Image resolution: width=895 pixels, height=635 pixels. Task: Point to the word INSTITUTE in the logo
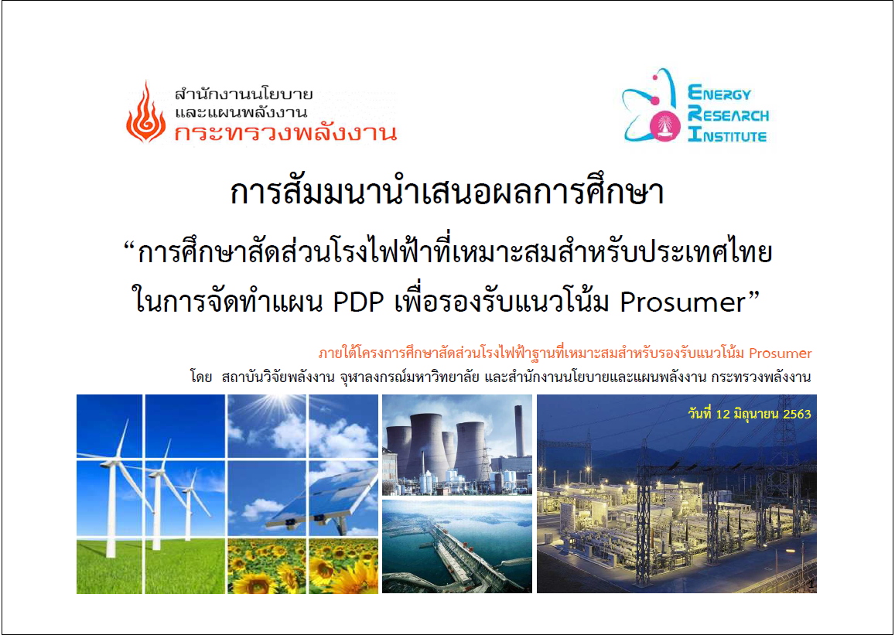[728, 135]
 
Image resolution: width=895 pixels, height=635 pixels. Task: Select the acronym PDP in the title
[358, 302]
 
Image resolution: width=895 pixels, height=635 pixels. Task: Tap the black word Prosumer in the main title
[683, 302]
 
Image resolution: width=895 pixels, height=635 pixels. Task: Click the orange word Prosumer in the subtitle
[780, 353]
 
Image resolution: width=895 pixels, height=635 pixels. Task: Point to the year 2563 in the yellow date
[797, 415]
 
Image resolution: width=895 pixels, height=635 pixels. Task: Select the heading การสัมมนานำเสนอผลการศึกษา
[447, 193]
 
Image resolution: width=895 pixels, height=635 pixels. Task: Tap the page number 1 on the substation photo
[811, 585]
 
